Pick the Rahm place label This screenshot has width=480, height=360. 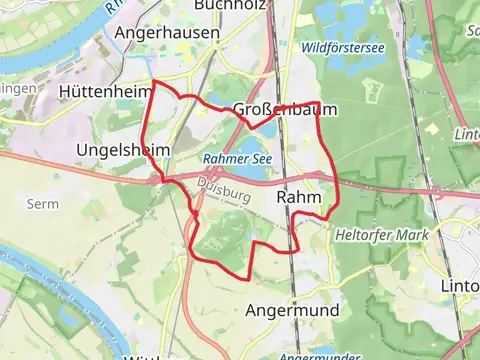pyautogui.click(x=297, y=198)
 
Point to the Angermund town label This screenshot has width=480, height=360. pyautogui.click(x=292, y=310)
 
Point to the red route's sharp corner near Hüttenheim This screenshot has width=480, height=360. pyautogui.click(x=152, y=80)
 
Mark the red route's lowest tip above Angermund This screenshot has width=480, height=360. pyautogui.click(x=247, y=276)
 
